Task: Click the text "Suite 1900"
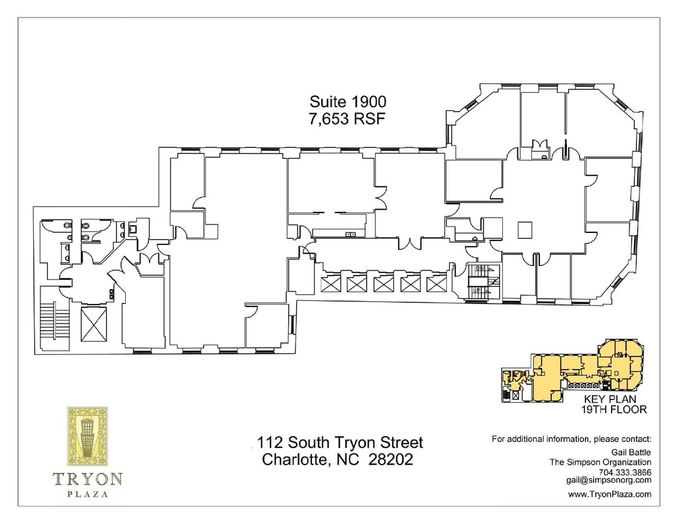pyautogui.click(x=347, y=102)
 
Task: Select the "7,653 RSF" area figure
pyautogui.click(x=347, y=118)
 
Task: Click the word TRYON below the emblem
pyautogui.click(x=87, y=479)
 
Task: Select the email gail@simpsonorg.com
pyautogui.click(x=608, y=480)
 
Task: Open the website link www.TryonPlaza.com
pyautogui.click(x=609, y=494)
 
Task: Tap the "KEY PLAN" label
pyautogui.click(x=609, y=399)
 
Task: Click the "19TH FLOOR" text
pyautogui.click(x=613, y=409)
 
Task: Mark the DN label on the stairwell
pyautogui.click(x=481, y=268)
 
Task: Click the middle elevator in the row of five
pyautogui.click(x=384, y=284)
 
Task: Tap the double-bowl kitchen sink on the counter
pyautogui.click(x=351, y=234)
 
